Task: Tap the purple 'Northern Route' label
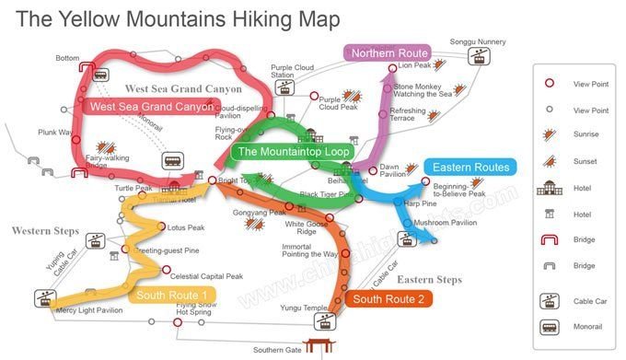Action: (388, 53)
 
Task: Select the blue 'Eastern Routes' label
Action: (471, 168)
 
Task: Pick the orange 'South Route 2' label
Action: (388, 298)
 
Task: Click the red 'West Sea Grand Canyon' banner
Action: (152, 107)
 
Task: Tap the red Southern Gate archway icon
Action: (319, 346)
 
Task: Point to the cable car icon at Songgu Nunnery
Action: (477, 56)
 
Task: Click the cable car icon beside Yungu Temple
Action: (324, 321)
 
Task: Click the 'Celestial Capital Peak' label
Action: (207, 275)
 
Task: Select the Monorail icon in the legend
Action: (551, 327)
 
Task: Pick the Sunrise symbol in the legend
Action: (550, 134)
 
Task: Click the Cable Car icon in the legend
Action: (551, 299)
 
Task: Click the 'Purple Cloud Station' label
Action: (292, 72)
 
